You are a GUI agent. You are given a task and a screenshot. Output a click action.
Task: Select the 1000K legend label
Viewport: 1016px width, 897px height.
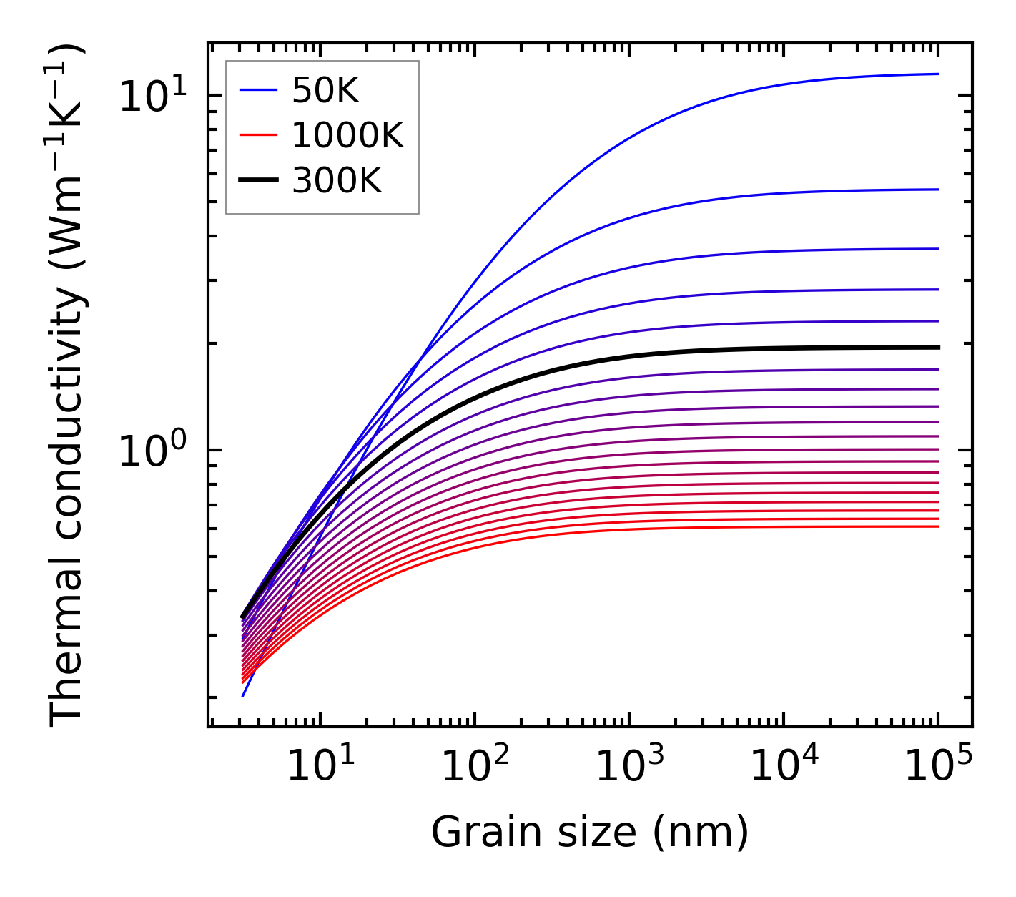[x=347, y=135]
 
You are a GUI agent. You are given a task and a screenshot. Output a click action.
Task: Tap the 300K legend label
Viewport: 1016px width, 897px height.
[x=337, y=181]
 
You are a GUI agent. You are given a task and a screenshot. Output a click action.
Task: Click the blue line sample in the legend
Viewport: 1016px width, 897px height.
[x=257, y=90]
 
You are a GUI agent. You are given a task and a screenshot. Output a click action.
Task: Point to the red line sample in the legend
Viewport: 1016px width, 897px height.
[x=257, y=135]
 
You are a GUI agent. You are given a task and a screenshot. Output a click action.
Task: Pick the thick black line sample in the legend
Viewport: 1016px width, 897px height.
[x=257, y=181]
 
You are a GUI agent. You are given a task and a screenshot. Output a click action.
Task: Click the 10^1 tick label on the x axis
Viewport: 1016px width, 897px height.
[x=320, y=768]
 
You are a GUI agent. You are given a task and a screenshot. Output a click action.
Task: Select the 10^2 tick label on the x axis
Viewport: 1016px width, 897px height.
[x=475, y=768]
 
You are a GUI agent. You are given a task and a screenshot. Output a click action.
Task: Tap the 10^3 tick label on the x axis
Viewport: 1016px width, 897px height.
[x=629, y=768]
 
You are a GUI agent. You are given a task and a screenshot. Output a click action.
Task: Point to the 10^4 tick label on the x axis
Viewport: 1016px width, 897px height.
[x=784, y=768]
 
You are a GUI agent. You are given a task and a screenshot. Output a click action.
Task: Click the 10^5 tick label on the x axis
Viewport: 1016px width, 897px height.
[x=938, y=768]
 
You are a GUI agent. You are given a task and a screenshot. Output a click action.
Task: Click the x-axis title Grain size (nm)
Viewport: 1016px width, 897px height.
[x=590, y=833]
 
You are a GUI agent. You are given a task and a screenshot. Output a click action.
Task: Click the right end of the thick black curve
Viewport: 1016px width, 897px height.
[x=937, y=347]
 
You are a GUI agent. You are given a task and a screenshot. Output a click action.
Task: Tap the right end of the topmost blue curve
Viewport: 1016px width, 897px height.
[x=937, y=74]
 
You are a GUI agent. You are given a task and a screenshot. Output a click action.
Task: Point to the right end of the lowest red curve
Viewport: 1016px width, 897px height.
[x=937, y=526]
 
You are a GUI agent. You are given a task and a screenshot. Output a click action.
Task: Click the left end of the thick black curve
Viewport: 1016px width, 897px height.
[x=243, y=617]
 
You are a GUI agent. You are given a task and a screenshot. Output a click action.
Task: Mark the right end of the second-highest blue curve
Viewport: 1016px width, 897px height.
[x=937, y=190]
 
